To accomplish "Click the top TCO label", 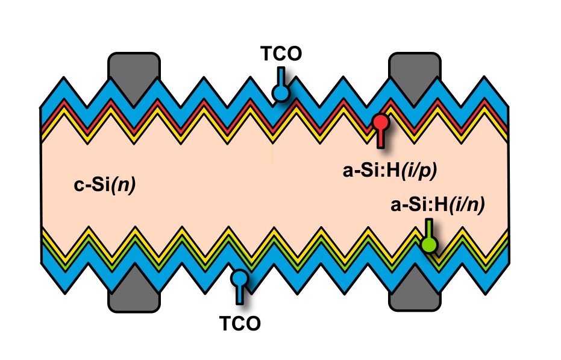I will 280,54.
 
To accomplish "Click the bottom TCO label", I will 240,323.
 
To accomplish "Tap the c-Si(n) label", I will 104,185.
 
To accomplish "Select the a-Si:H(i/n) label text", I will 438,206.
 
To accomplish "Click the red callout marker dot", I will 380,122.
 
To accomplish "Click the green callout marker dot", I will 429,244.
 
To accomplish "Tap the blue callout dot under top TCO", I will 280,92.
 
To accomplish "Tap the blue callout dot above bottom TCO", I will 240,278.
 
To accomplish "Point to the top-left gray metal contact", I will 134,66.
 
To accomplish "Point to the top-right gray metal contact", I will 416,66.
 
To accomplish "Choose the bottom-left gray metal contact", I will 134,295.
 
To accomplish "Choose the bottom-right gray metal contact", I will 416,295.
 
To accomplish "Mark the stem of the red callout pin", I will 380,139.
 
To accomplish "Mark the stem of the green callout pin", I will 428,228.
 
